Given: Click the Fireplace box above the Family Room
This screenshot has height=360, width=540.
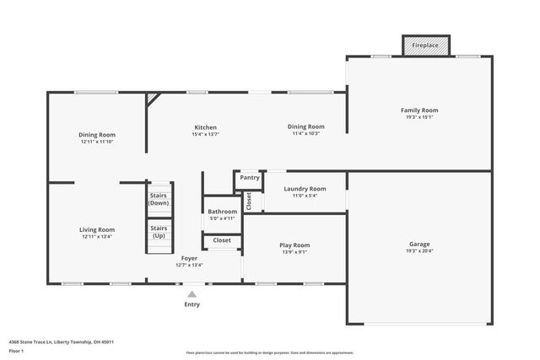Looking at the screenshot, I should pos(425,46).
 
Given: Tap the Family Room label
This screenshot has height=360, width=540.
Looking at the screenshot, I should pos(419,110).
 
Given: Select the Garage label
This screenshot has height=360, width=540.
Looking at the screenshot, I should pos(419,244).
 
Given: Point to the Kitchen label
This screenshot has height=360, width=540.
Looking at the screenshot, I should pos(205,127).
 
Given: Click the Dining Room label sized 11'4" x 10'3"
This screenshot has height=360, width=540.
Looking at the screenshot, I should pos(305,127).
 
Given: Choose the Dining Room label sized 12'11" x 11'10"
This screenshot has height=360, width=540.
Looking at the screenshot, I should pos(97,135).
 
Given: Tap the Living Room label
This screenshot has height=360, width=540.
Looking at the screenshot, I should pos(97,229).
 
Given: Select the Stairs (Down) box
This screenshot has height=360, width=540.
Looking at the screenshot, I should pos(159,200).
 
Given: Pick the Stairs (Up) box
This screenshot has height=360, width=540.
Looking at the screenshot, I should pos(159,231).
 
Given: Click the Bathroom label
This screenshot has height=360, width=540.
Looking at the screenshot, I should pos(223,212).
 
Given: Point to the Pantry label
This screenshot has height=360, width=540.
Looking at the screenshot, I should pos(249,178).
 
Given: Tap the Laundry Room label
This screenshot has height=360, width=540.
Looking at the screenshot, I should pos(305,189).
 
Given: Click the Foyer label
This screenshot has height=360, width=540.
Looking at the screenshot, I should pos(189,258).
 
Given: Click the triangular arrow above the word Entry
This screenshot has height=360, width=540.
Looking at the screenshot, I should pos(192,294).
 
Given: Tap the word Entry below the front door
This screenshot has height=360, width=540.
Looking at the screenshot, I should pos(192,304).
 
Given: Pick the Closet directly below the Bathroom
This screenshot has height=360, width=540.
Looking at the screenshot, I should pos(222,240).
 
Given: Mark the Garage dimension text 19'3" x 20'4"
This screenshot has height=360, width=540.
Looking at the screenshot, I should pos(419,251).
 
